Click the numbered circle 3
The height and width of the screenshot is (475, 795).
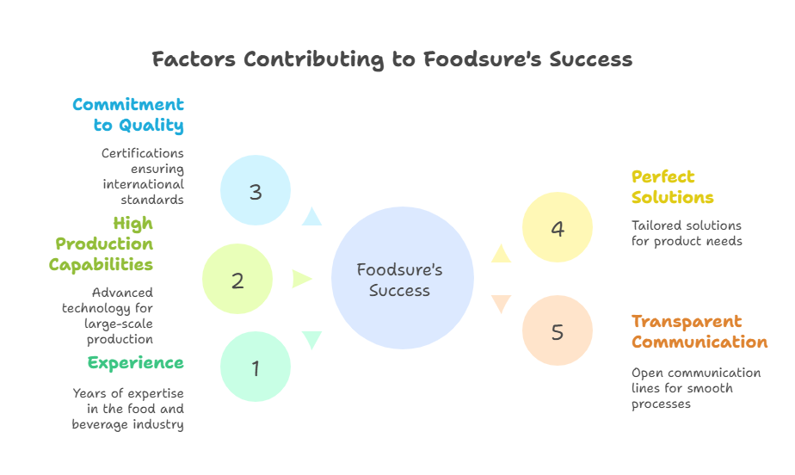pyautogui.click(x=256, y=190)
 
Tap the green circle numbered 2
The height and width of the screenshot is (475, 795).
pyautogui.click(x=237, y=279)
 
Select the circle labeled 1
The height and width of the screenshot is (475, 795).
pyautogui.click(x=256, y=367)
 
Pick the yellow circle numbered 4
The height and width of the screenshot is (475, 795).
pyautogui.click(x=558, y=227)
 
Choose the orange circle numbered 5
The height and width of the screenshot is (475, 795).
pyautogui.click(x=558, y=330)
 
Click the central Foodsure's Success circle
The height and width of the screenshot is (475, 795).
pyautogui.click(x=403, y=278)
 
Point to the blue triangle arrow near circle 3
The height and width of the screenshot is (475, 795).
pyautogui.click(x=311, y=217)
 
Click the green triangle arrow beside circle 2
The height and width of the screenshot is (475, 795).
pyautogui.click(x=301, y=279)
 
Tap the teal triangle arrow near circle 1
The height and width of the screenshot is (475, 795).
pyautogui.click(x=311, y=340)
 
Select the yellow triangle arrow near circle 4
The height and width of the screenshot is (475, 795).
pyautogui.click(x=501, y=255)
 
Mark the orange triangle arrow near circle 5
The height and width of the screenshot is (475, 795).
pyautogui.click(x=501, y=303)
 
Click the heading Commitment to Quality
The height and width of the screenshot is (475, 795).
pyautogui.click(x=128, y=115)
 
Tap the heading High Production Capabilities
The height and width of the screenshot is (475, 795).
pyautogui.click(x=102, y=244)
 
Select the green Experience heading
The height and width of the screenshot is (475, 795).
pyautogui.click(x=136, y=363)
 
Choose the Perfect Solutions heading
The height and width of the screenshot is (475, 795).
pyautogui.click(x=672, y=187)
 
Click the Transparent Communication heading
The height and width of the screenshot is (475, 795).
pyautogui.click(x=699, y=331)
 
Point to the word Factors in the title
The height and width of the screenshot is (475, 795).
pyautogui.click(x=194, y=59)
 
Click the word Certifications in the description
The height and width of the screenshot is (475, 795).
pyautogui.click(x=143, y=153)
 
